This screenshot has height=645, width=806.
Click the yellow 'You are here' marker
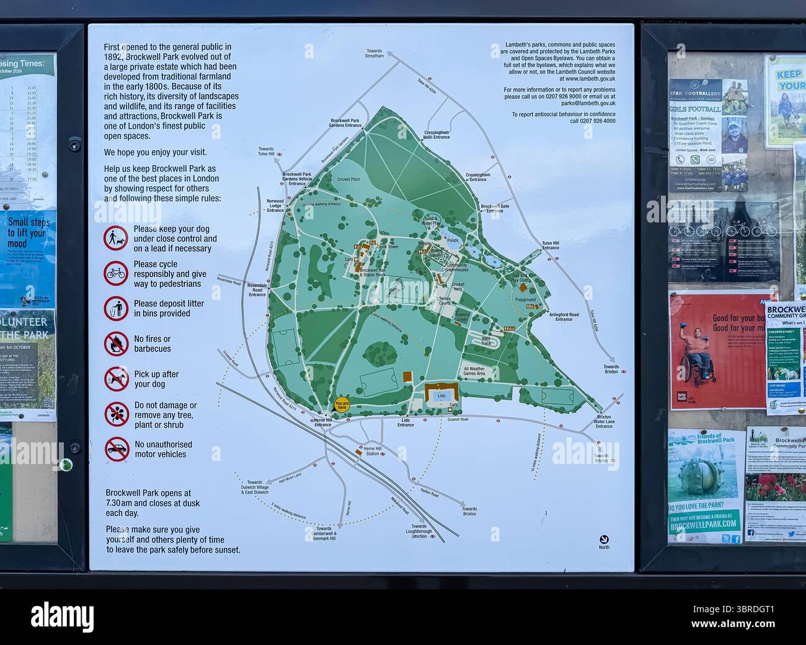[x=342, y=405]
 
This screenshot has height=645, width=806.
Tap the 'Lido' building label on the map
[x=441, y=395]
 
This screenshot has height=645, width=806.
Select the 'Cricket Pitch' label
[x=348, y=179]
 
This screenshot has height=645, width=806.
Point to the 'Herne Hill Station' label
[x=373, y=451]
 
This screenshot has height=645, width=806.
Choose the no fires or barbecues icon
[x=116, y=343]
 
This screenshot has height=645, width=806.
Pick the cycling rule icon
[x=116, y=273]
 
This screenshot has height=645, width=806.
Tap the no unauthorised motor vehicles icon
[x=116, y=449]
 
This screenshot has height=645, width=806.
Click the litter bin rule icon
[x=116, y=308]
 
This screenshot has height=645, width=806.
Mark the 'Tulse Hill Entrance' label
[x=551, y=245]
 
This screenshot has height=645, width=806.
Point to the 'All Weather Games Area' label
[x=474, y=371]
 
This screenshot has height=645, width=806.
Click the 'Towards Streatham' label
[x=374, y=53]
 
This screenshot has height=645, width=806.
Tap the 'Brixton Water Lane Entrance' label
[x=604, y=421]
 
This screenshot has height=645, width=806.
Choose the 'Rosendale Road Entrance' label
[x=257, y=289]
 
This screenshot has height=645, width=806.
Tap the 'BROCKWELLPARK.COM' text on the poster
[x=704, y=524]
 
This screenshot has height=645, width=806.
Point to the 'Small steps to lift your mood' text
[x=29, y=232]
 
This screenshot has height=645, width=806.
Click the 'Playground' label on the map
[x=525, y=300]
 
